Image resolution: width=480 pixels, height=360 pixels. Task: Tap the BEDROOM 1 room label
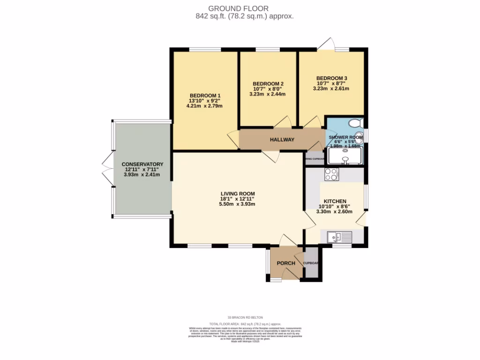click(205, 95)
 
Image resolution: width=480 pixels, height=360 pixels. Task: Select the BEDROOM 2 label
click(267, 84)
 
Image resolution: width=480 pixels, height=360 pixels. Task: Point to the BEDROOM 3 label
click(331, 78)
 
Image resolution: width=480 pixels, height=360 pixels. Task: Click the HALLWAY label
click(282, 140)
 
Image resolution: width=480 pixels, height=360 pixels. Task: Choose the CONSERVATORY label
click(142, 164)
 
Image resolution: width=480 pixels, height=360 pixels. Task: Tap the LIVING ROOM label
click(238, 193)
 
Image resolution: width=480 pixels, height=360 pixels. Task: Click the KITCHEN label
click(335, 200)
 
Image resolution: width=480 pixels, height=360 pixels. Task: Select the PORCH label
click(286, 263)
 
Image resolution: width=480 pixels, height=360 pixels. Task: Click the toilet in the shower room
click(356, 123)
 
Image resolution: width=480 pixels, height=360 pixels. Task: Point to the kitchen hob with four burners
click(331, 174)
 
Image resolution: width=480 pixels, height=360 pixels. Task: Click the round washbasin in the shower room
click(359, 138)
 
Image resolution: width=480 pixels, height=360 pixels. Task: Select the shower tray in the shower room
click(345, 156)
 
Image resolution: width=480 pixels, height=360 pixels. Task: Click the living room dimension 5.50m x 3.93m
click(238, 204)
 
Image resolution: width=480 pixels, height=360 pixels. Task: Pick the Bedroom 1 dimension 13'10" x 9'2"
click(205, 101)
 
